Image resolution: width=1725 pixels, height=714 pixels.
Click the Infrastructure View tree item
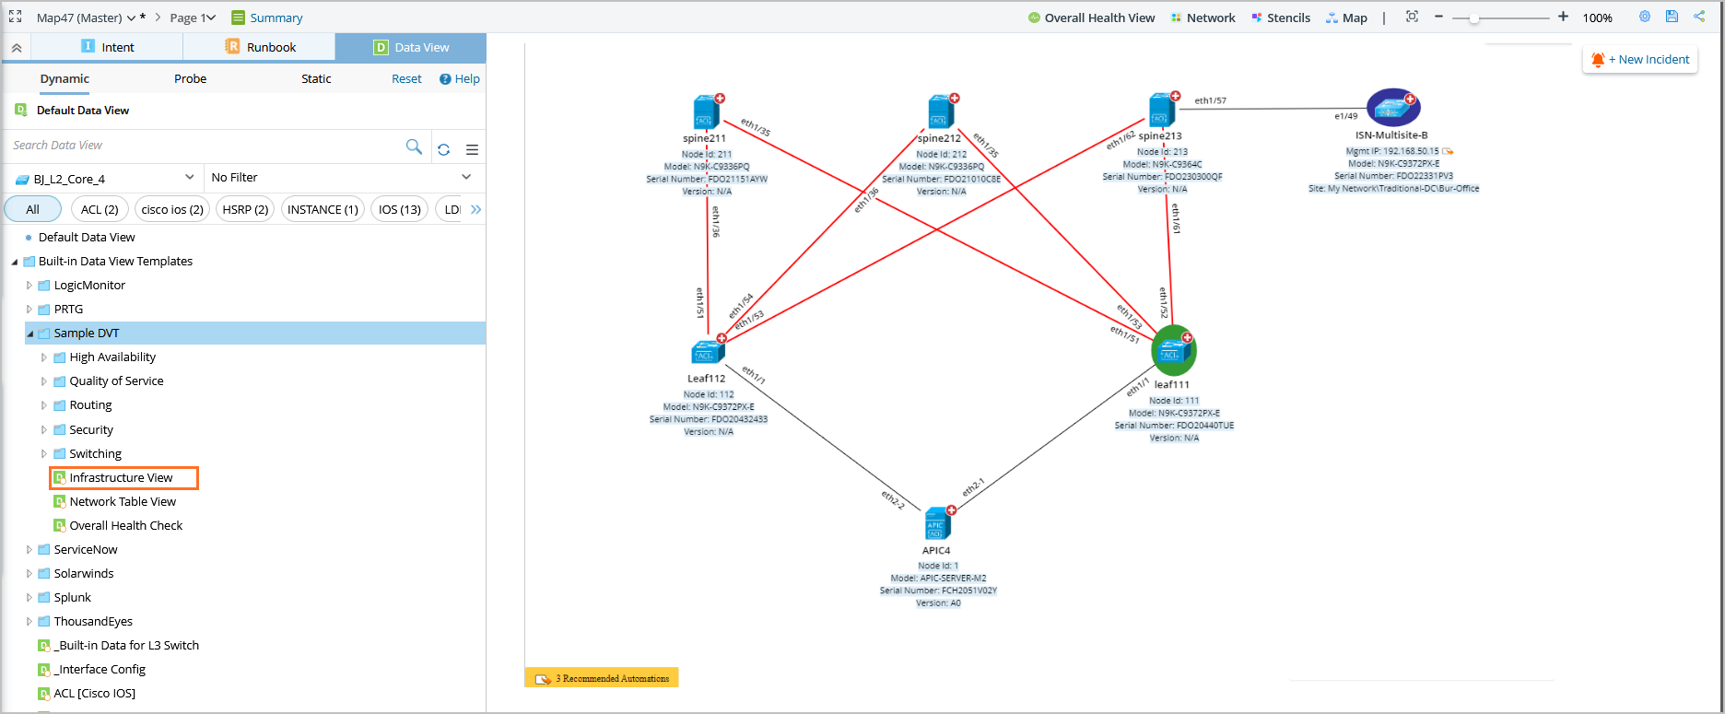(121, 477)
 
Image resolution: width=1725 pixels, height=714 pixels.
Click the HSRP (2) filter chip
(245, 209)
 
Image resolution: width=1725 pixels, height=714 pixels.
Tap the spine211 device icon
(706, 113)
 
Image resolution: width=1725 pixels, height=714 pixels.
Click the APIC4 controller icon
(936, 524)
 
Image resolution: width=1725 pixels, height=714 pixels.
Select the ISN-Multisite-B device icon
(1391, 109)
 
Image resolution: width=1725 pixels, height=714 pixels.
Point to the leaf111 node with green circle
(1173, 351)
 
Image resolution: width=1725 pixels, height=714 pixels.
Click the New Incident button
(1641, 60)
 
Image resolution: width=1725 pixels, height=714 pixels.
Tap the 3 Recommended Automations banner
(603, 678)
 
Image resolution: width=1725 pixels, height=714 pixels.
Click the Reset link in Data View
(406, 79)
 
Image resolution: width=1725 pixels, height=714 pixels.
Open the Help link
(460, 79)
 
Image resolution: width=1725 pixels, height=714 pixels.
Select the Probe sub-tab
(190, 79)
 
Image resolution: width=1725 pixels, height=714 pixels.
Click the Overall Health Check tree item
(125, 525)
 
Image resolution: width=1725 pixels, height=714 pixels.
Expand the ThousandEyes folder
(29, 621)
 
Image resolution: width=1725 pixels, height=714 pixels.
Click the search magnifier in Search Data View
(414, 146)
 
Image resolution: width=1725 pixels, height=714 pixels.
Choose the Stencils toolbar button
(1281, 18)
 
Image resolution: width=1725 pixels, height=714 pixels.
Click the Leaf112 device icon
(707, 352)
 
